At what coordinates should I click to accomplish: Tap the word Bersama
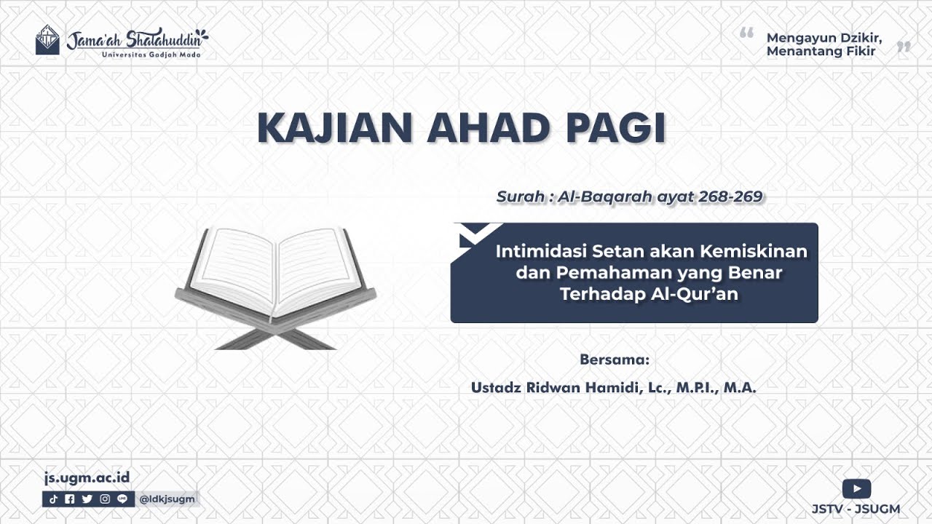(x=614, y=360)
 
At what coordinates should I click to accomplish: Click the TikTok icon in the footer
(x=54, y=499)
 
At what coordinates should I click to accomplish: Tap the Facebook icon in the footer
(x=70, y=499)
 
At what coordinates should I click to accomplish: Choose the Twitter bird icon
(x=87, y=499)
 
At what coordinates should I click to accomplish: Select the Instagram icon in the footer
(x=105, y=499)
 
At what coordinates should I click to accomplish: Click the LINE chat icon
(x=122, y=499)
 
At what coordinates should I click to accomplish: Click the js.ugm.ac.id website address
(x=87, y=478)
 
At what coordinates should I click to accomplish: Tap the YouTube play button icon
(x=856, y=488)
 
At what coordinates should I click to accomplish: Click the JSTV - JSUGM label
(x=856, y=509)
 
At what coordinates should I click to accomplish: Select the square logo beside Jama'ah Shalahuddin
(x=47, y=40)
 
